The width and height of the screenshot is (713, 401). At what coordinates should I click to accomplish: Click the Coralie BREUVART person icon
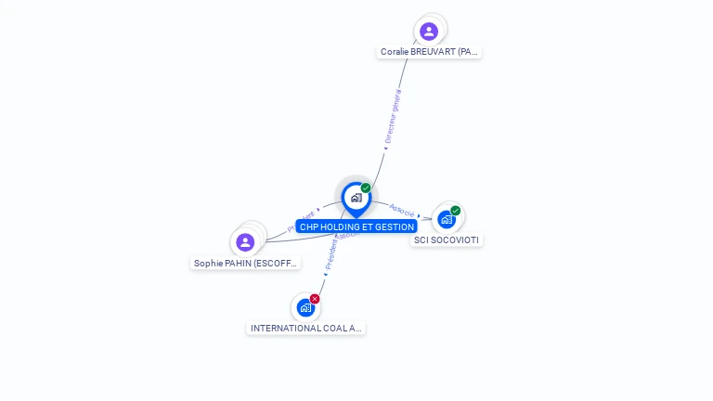coord(429,31)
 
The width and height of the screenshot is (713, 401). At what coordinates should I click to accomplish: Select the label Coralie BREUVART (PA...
coord(430,52)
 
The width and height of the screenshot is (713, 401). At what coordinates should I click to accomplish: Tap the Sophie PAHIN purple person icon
coord(245,242)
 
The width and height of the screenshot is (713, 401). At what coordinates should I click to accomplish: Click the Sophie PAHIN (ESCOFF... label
coord(246,264)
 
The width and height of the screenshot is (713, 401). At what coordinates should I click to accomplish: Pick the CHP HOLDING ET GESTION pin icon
coord(356,198)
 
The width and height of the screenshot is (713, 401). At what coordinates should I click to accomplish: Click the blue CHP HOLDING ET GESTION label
coord(356,226)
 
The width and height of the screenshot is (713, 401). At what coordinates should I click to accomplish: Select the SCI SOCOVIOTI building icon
coord(447,220)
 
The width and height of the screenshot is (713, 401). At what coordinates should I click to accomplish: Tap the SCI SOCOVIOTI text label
coord(447,240)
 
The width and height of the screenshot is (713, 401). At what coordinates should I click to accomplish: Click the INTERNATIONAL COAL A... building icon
coord(305,307)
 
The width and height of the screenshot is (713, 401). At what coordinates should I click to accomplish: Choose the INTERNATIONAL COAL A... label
coord(306,329)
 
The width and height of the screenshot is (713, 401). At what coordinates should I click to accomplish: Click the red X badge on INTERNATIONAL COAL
coord(315,299)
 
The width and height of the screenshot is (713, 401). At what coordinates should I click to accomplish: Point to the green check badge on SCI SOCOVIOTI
coord(456,211)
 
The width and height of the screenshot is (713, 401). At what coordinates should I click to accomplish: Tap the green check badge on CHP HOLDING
coord(366,188)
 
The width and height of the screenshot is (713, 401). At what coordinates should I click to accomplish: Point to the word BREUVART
coord(433,52)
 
